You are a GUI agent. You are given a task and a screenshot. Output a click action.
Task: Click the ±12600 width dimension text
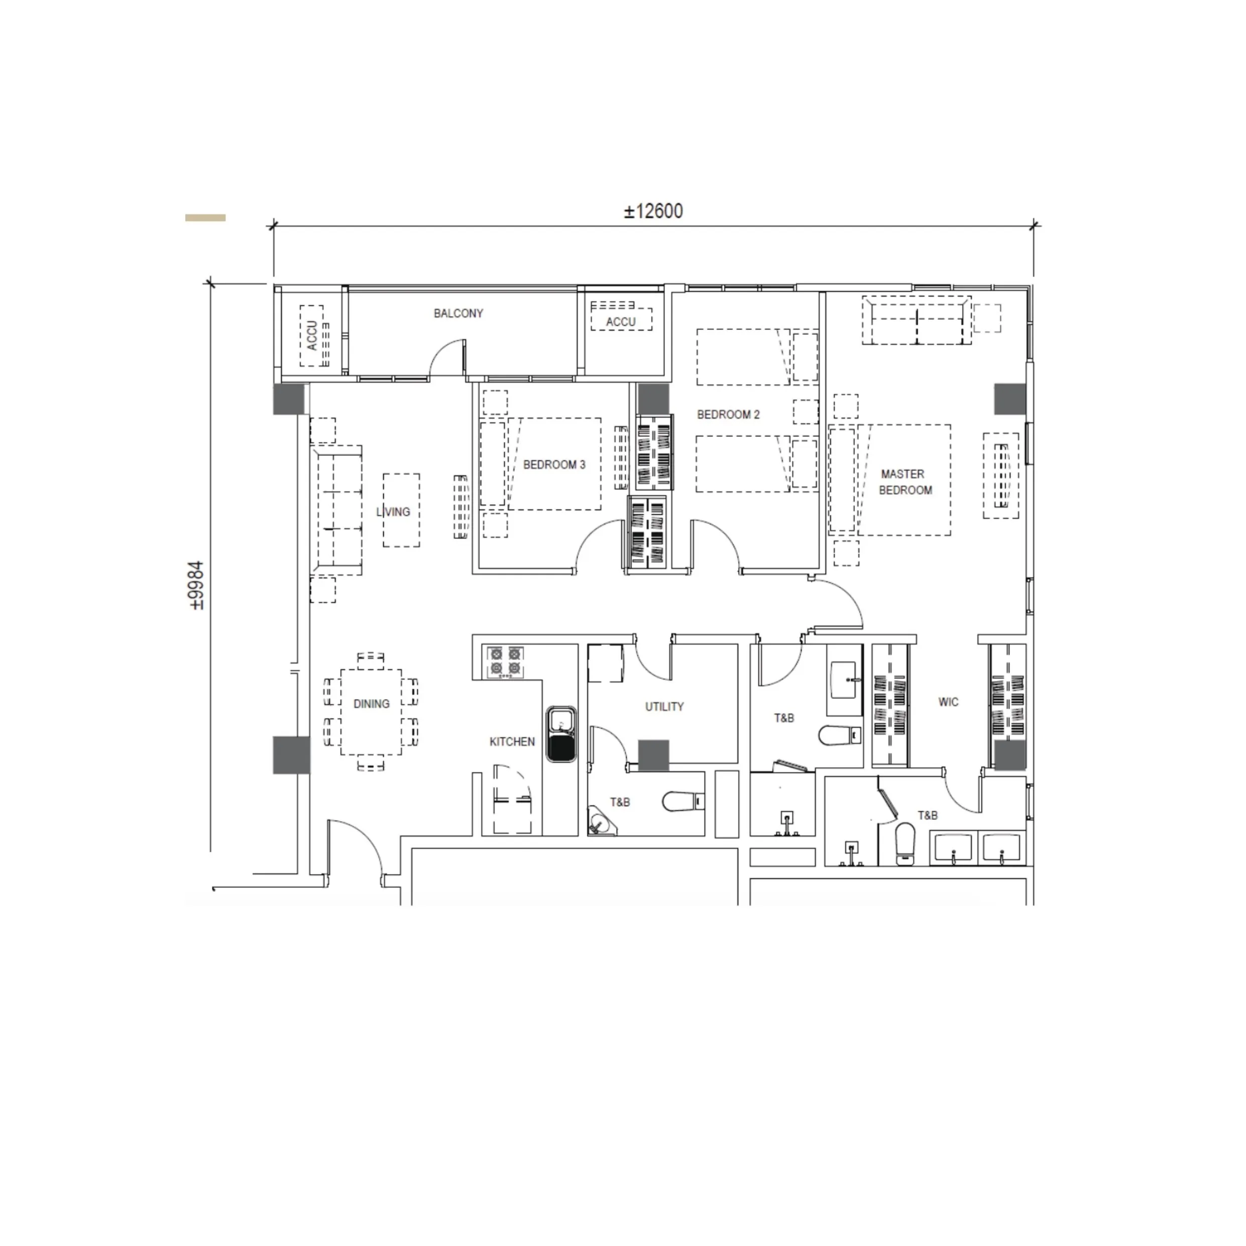coord(653,211)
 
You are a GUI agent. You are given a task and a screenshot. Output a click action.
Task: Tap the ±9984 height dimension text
coord(196,585)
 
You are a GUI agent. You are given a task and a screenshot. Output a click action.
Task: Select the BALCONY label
coord(458,313)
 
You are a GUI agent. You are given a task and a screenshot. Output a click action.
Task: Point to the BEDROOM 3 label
coord(554,465)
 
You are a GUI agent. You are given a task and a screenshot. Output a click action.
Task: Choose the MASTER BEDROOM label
coord(905,482)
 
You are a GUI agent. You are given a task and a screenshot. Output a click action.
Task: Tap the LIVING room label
coord(393,511)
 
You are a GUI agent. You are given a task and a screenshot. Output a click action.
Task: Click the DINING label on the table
coord(372,704)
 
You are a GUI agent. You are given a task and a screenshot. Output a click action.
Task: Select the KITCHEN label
coord(512,742)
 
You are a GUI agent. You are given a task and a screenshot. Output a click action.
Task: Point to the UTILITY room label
coord(664,707)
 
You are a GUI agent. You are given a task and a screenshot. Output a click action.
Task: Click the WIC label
coord(948,702)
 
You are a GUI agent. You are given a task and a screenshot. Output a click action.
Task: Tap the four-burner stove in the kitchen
coord(505,662)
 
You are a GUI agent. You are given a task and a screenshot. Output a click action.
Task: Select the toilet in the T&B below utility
coord(683,802)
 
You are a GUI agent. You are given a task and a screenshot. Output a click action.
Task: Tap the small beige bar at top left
coord(205,218)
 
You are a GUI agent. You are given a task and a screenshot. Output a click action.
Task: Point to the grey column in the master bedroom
coord(1009,399)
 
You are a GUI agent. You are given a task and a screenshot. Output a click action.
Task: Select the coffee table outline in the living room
coord(401,510)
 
